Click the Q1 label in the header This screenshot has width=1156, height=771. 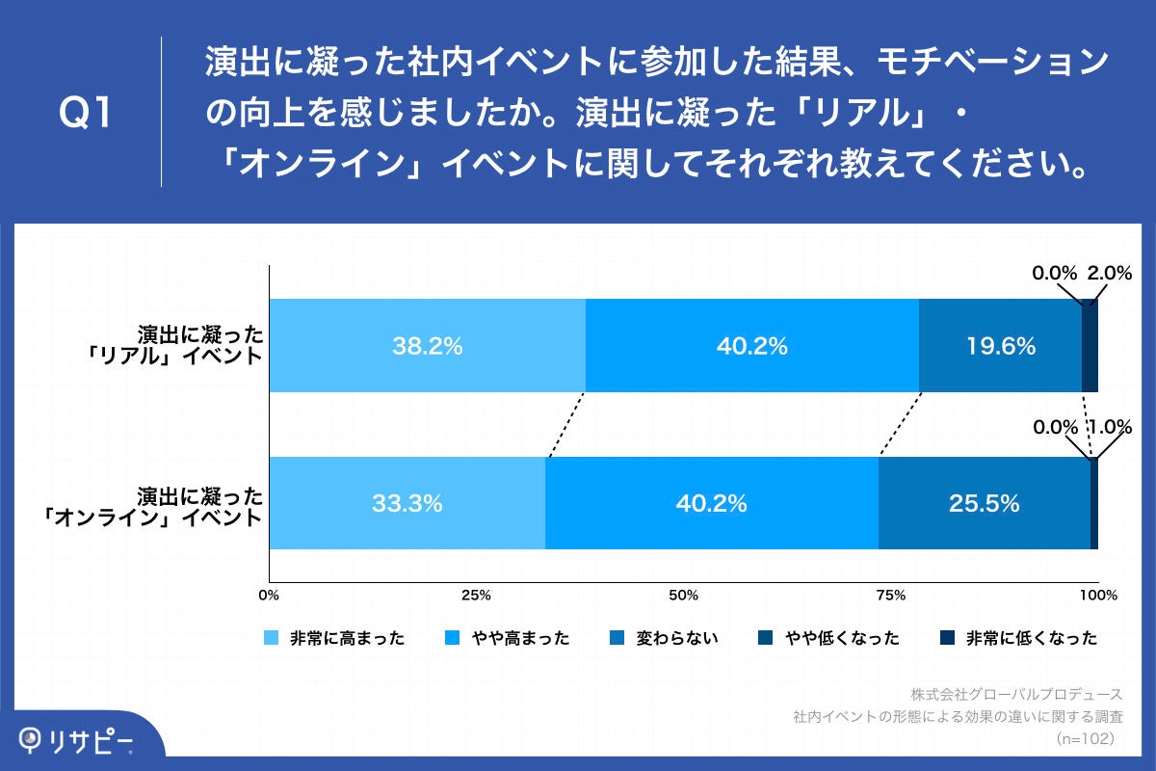tap(86, 114)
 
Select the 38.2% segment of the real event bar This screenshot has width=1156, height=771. tap(427, 346)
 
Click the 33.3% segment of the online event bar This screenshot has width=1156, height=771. tap(407, 503)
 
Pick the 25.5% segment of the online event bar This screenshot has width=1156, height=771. tap(984, 503)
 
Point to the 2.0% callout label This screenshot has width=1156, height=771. tap(1109, 274)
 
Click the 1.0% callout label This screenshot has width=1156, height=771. tap(1110, 427)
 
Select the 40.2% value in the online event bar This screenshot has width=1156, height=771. tap(711, 503)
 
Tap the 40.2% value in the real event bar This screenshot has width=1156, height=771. tap(751, 346)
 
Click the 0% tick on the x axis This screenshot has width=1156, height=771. tap(270, 595)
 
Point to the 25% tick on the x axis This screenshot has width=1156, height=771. tap(476, 595)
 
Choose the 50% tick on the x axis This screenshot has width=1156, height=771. tap(683, 595)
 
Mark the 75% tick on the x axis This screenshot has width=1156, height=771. tap(891, 595)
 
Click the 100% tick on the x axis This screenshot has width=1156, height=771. tap(1097, 595)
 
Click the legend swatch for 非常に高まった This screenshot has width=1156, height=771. tap(270, 638)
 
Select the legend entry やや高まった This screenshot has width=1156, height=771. tap(520, 638)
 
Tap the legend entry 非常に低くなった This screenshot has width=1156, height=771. tap(1031, 638)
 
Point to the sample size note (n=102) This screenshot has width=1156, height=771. tap(1085, 739)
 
